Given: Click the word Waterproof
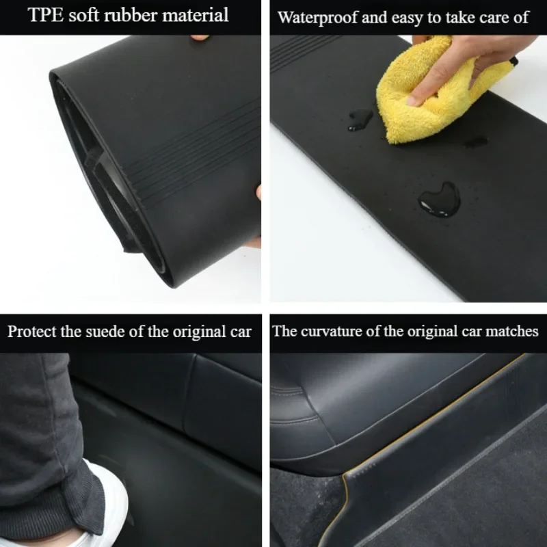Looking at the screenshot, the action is (x=317, y=18).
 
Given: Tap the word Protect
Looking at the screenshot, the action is (x=31, y=332).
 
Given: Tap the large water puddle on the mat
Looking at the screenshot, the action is (x=439, y=200).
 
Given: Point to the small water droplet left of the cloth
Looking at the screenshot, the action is (x=360, y=119).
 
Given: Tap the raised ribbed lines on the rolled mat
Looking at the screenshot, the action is (x=196, y=150).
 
